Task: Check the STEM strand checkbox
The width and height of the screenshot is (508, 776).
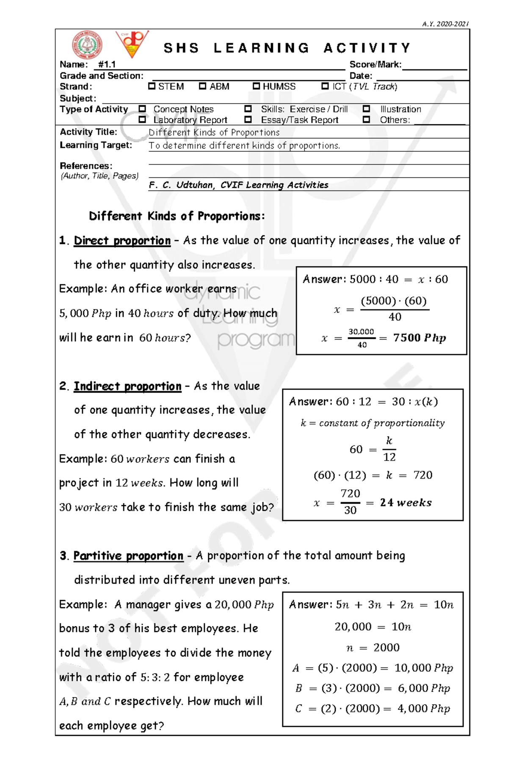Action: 152,86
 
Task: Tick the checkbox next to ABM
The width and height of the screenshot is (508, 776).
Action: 202,86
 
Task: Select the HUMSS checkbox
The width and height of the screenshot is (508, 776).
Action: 256,86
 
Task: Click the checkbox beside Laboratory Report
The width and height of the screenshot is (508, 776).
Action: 142,120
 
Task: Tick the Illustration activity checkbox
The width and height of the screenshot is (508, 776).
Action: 366,109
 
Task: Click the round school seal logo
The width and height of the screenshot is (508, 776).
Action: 87,45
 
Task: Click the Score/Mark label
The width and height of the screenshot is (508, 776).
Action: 375,65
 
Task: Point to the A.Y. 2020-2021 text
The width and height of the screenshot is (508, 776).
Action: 445,24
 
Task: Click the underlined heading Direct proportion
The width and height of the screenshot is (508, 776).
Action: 122,241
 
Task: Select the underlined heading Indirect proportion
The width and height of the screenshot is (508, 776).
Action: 127,386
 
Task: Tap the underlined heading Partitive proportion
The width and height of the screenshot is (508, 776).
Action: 128,556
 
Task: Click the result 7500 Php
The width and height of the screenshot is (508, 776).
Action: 419,338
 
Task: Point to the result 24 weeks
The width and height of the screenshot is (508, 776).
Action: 406,503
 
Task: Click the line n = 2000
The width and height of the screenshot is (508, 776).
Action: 373,647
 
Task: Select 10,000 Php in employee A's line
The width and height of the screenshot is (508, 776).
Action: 423,668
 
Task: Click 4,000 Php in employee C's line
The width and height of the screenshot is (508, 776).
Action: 423,709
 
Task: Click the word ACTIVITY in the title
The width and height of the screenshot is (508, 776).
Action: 367,48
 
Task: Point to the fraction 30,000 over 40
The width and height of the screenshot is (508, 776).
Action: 361,338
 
